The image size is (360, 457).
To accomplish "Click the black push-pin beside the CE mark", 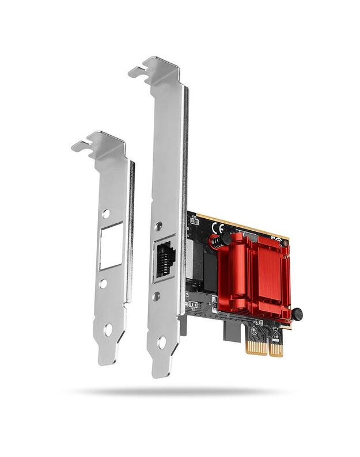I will (226, 237).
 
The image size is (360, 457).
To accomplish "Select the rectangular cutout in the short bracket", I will (110, 247).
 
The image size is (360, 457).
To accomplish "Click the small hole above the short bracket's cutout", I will (105, 214).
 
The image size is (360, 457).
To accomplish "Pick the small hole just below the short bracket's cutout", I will (103, 284).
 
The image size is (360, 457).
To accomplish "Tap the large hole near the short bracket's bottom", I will (108, 330).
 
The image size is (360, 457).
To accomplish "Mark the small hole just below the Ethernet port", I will (156, 297).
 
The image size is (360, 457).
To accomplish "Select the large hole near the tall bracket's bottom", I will (161, 342).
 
